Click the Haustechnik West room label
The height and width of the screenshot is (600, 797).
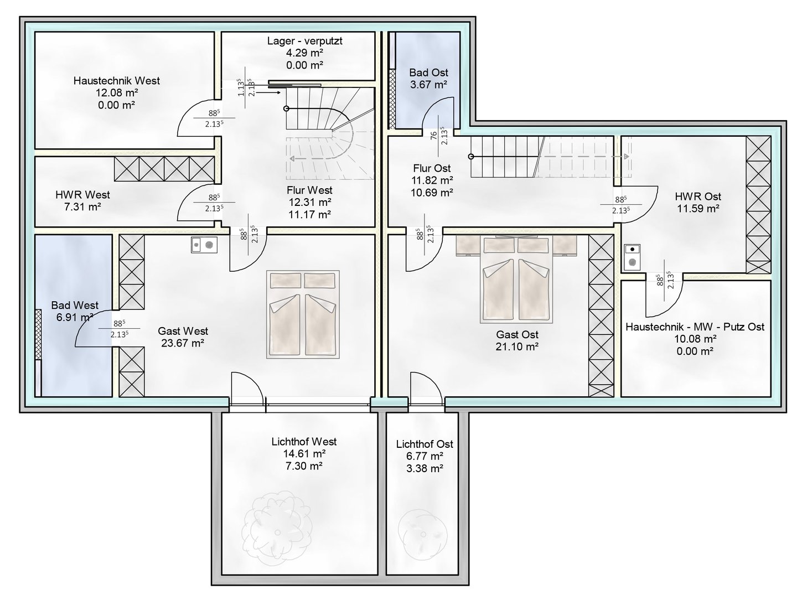[x=116, y=81]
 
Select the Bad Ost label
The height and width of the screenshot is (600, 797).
[x=428, y=73]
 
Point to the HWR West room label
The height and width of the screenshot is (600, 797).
[x=82, y=195]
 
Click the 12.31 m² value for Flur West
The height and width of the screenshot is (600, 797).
[x=309, y=202]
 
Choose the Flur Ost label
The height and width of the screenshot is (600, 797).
[x=432, y=168]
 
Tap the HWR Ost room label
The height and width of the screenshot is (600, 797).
[x=697, y=196]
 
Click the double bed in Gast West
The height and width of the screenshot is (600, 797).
[x=302, y=314]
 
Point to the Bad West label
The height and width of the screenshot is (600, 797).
[x=75, y=306]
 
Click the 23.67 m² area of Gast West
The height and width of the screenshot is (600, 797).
[x=183, y=343]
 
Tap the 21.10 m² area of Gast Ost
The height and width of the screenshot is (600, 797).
[x=517, y=346]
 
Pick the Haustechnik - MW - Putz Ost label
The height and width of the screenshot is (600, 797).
[x=695, y=327]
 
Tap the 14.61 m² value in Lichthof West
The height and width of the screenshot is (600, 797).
[x=304, y=454]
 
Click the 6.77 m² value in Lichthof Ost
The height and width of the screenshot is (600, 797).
[x=425, y=457]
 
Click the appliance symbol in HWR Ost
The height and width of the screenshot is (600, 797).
[x=631, y=256]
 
